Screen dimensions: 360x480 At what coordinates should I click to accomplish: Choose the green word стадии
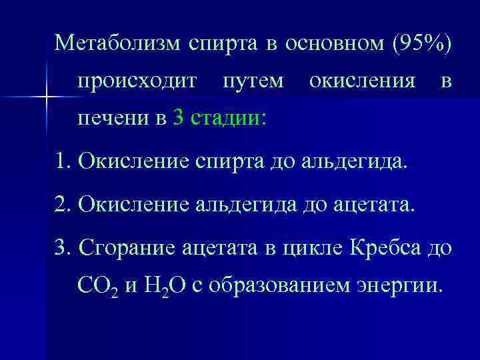click(x=228, y=119)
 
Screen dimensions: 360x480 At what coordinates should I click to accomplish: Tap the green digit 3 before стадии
click(x=177, y=119)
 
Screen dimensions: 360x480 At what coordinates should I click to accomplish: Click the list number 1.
click(x=61, y=161)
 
